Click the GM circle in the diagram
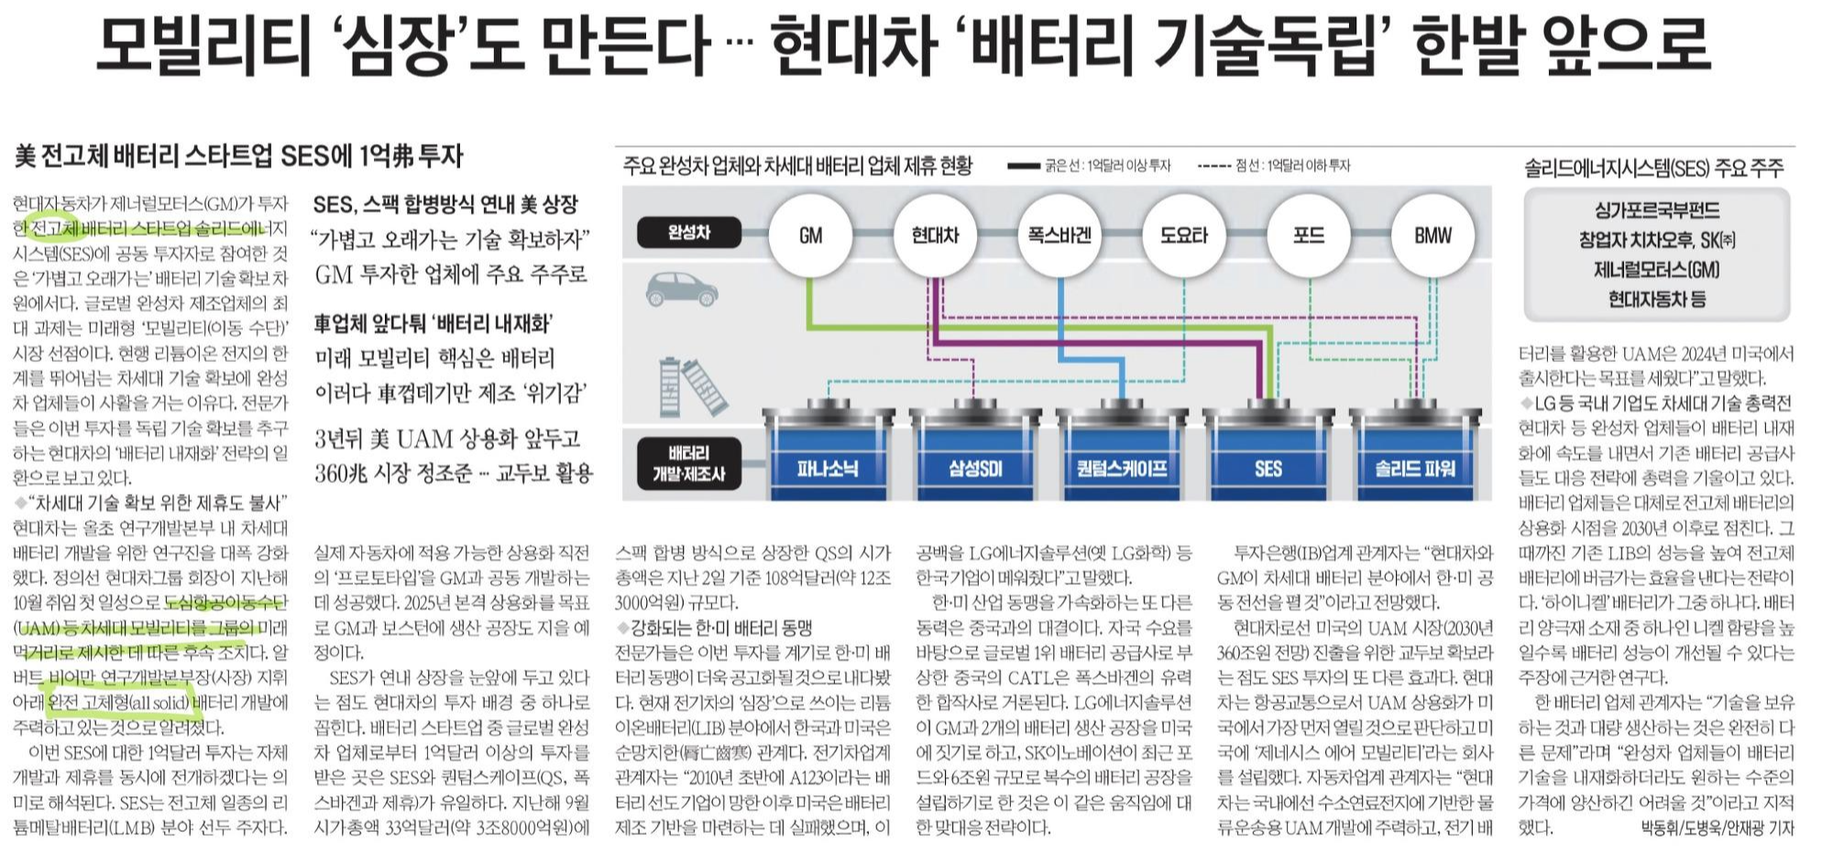[810, 235]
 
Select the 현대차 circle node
[935, 235]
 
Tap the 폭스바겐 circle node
[1059, 235]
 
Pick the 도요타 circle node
[1184, 235]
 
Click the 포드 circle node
[1309, 235]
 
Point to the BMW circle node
[1432, 235]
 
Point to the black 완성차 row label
[688, 233]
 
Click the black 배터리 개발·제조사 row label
[688, 463]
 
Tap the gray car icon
[681, 289]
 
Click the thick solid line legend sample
[1024, 166]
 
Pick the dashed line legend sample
[1213, 166]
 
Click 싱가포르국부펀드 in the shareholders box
[1656, 211]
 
